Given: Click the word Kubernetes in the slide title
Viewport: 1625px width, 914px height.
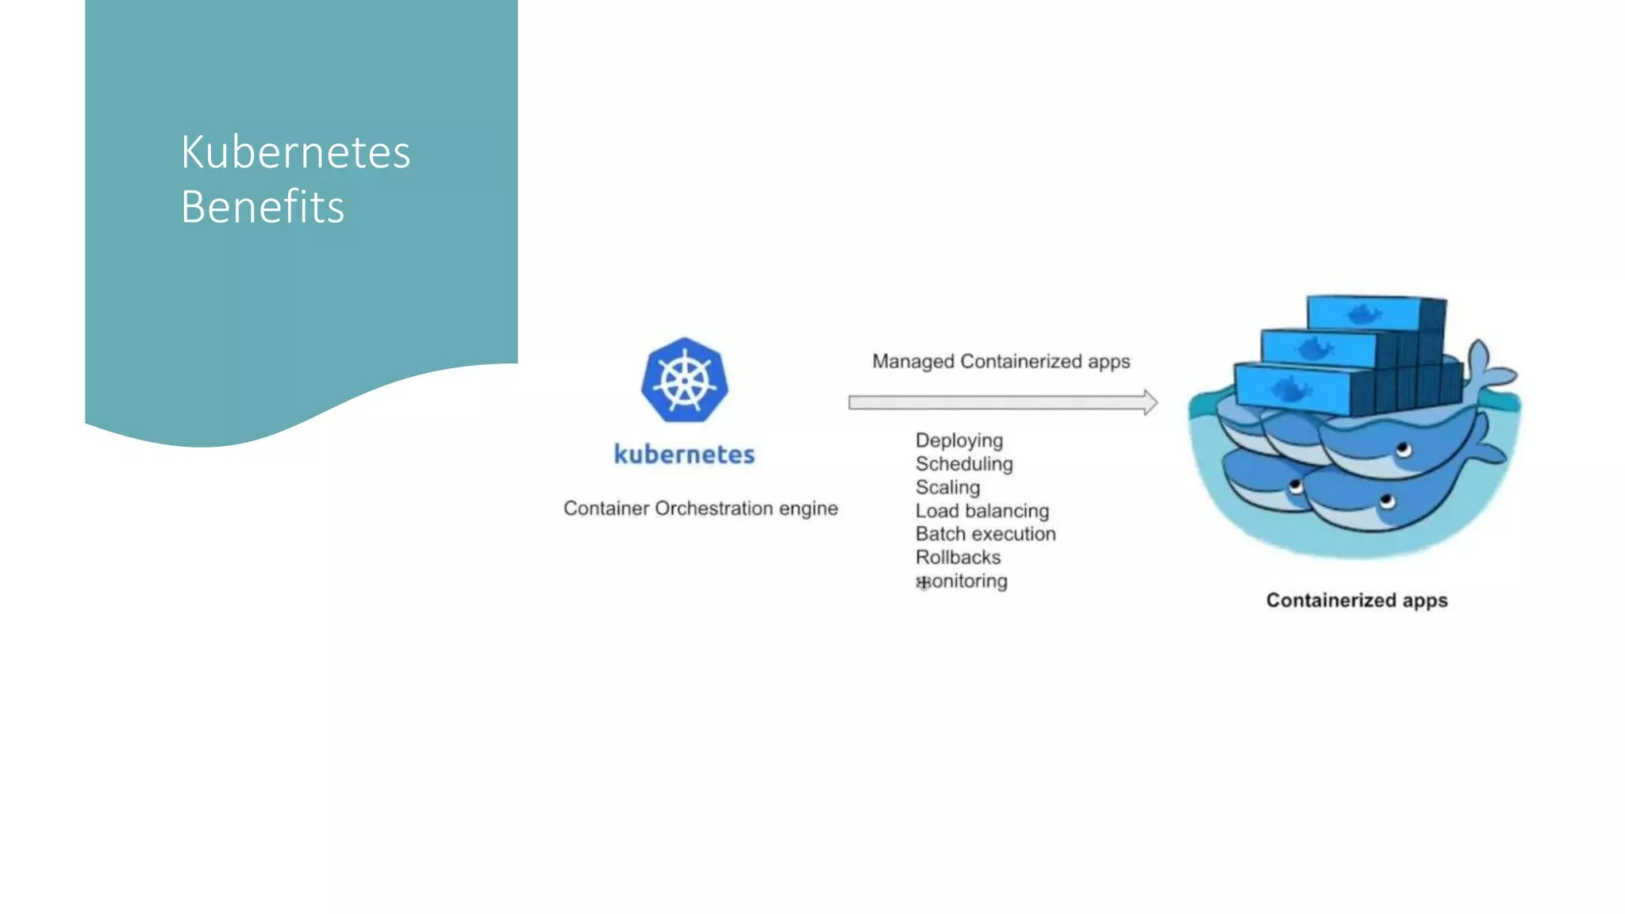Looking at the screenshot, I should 295,152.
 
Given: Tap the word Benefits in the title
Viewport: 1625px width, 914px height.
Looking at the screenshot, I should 262,207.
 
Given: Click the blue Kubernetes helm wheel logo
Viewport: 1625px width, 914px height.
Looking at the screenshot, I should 684,380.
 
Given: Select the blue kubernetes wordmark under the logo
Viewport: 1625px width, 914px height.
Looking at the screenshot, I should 684,455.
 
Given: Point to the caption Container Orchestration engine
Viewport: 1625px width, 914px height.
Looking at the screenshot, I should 700,509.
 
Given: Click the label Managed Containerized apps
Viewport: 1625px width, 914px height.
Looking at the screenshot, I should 1001,362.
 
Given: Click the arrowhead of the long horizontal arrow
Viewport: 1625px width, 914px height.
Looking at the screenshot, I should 1150,402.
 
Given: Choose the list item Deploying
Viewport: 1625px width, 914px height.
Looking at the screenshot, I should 958,440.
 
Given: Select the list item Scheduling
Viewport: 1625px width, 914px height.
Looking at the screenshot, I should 963,464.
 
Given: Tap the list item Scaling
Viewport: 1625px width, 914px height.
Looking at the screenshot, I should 947,487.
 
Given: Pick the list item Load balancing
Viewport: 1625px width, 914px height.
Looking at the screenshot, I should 982,511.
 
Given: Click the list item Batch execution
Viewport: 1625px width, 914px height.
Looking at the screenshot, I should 985,534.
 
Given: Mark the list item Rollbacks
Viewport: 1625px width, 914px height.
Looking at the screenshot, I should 958,558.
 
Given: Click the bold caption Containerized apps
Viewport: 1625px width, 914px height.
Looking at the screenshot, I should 1356,601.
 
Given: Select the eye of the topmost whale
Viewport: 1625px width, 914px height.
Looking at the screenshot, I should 1403,451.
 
